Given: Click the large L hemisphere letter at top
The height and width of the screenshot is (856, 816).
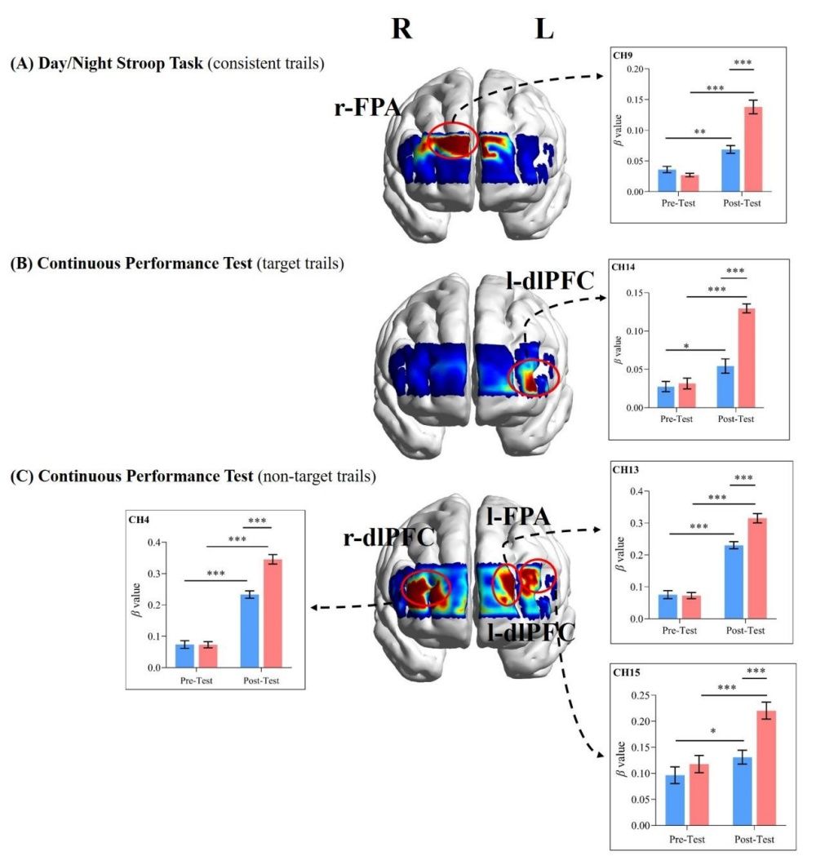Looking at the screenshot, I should coord(545,29).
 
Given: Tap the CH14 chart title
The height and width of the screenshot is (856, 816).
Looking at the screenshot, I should coord(627,268).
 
